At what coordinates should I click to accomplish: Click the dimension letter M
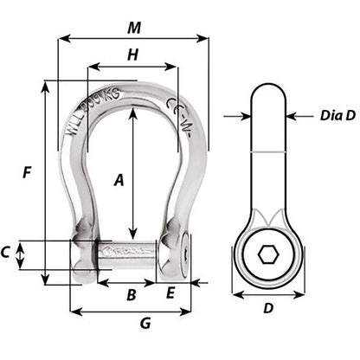[133, 28]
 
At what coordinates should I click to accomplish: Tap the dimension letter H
[132, 55]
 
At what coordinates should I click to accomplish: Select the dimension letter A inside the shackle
[119, 180]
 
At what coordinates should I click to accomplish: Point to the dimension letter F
[27, 172]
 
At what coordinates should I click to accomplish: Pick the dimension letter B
[131, 294]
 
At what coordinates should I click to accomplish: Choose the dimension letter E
[170, 293]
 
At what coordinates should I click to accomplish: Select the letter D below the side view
[268, 307]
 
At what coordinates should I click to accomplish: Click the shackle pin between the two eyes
[126, 256]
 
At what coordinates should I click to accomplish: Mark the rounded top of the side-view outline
[268, 87]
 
